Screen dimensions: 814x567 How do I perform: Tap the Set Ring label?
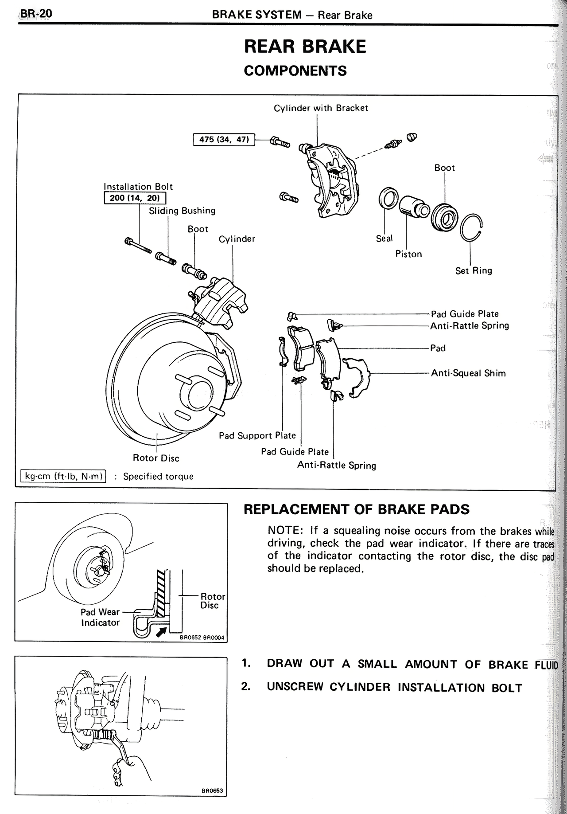click(474, 270)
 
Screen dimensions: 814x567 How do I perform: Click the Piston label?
click(408, 254)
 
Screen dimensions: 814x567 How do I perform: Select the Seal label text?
click(384, 239)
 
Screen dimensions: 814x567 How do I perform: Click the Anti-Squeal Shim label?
click(468, 373)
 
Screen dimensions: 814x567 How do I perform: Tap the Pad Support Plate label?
click(257, 436)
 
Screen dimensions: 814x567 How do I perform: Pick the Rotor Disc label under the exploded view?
click(156, 458)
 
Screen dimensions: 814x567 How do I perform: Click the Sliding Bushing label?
click(182, 211)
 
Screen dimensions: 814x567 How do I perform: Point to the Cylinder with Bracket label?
click(321, 108)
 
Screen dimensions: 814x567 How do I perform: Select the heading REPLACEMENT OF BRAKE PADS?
click(357, 509)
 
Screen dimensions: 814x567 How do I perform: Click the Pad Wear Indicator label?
click(100, 617)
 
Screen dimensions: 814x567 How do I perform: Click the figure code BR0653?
click(212, 791)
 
